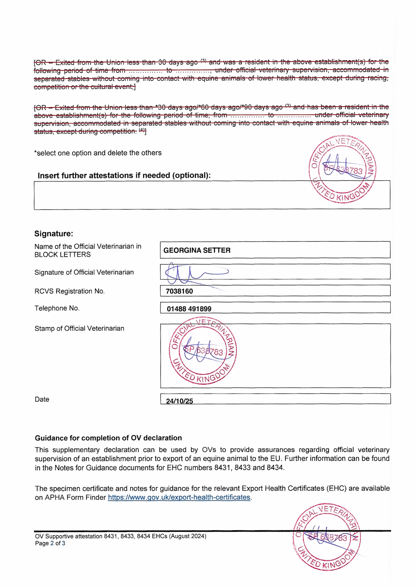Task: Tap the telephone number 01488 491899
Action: pos(189,309)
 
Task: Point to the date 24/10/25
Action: pos(179,401)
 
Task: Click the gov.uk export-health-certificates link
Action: pos(179,497)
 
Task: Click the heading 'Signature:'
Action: pos(54,233)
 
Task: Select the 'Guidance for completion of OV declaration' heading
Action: pos(108,438)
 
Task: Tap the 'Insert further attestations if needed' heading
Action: pos(124,175)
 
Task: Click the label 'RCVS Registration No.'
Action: pos(70,291)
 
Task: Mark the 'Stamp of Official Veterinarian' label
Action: pos(79,328)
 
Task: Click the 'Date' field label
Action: pos(42,399)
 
